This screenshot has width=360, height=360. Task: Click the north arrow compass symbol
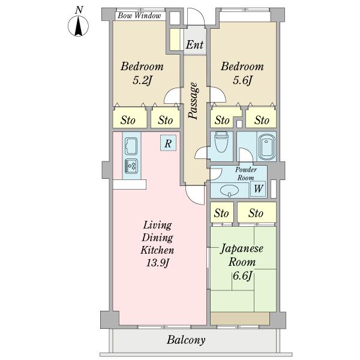(x=78, y=26)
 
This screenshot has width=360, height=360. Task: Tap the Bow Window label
(x=139, y=16)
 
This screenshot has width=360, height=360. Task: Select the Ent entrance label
(x=194, y=45)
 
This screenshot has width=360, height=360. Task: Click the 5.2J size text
(x=142, y=80)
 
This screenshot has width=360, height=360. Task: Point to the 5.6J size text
(x=242, y=80)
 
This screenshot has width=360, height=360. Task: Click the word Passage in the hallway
(x=193, y=101)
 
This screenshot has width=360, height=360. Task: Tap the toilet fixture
(x=221, y=142)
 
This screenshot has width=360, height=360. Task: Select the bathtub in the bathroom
(x=266, y=147)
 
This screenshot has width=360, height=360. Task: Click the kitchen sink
(x=131, y=146)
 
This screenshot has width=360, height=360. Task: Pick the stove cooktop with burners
(x=131, y=166)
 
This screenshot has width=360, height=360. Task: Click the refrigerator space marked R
(x=168, y=143)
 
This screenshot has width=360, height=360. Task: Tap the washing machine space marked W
(x=258, y=189)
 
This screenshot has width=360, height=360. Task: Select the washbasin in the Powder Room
(x=229, y=190)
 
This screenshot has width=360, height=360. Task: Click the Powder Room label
(x=245, y=174)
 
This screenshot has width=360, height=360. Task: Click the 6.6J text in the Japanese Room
(x=242, y=276)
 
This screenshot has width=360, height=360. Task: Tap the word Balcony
(x=186, y=340)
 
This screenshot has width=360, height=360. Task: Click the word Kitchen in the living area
(x=157, y=250)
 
